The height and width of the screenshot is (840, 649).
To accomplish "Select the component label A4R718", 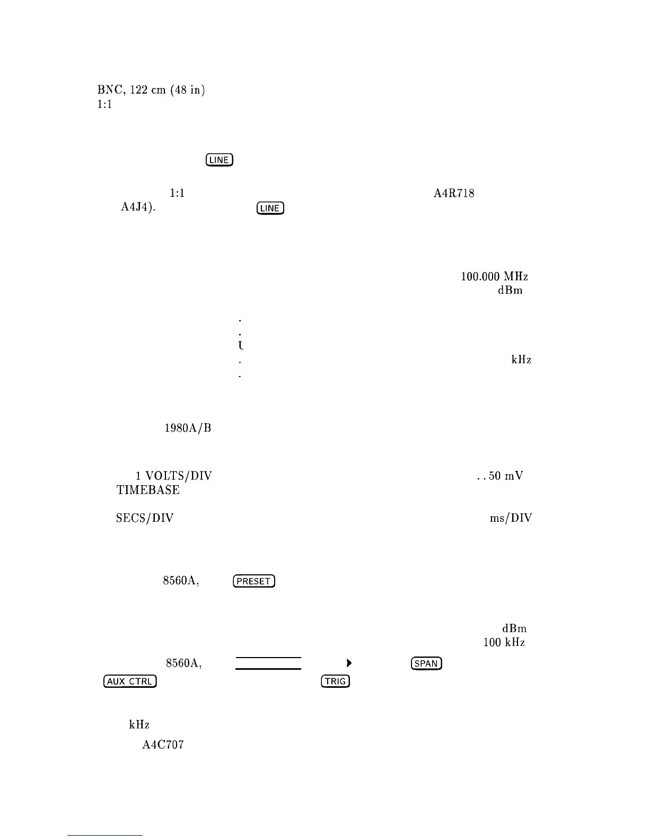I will pyautogui.click(x=453, y=194).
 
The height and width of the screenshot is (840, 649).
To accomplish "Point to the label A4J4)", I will pyautogui.click(x=136, y=208).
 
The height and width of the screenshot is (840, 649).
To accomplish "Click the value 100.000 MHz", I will pyautogui.click(x=494, y=276).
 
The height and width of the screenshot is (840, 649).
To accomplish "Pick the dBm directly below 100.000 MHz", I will pyautogui.click(x=510, y=290).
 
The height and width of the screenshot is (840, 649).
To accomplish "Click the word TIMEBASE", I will pyautogui.click(x=148, y=490).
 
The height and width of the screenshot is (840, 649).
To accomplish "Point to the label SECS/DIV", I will pyautogui.click(x=145, y=518).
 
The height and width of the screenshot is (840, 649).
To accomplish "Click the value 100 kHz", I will pyautogui.click(x=504, y=643).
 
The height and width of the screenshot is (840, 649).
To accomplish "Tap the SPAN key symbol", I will pyautogui.click(x=426, y=663).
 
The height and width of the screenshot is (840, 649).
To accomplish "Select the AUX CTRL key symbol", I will pyautogui.click(x=130, y=681).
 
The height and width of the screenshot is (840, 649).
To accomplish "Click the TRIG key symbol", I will pyautogui.click(x=335, y=681).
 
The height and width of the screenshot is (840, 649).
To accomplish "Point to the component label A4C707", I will pyautogui.click(x=163, y=745).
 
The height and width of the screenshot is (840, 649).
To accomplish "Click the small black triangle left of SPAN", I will pyautogui.click(x=348, y=663).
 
